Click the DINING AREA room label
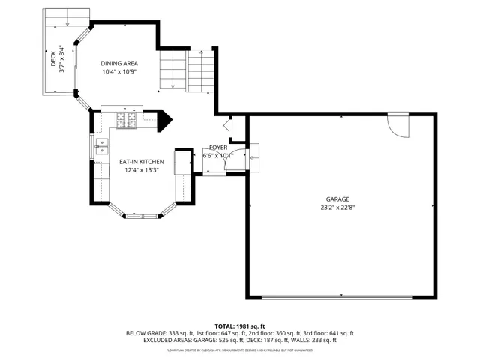tap(120, 63)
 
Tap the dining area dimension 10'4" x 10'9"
tap(120, 72)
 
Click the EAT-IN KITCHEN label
tap(142, 161)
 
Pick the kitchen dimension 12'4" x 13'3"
tap(142, 170)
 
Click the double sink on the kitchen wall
tap(100, 146)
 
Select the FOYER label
tap(217, 148)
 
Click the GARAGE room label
tap(337, 199)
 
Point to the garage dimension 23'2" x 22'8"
tap(337, 208)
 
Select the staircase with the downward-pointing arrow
tap(173, 70)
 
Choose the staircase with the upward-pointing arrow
tap(201, 70)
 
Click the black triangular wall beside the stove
tap(164, 121)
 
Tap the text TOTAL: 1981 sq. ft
tap(240, 325)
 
